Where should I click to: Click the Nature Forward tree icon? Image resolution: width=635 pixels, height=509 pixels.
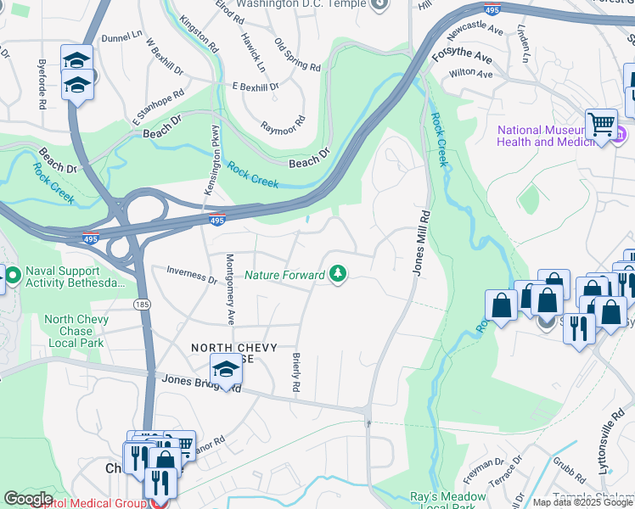coord(339,274)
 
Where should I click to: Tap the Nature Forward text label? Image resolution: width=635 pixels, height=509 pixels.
coord(284,275)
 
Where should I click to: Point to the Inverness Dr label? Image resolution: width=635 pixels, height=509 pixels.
coord(191,275)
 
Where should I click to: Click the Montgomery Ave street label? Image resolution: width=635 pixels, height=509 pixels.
coord(229,289)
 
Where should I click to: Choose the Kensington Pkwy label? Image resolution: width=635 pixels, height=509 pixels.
coord(205,161)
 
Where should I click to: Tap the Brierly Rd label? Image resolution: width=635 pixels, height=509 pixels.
coord(295,372)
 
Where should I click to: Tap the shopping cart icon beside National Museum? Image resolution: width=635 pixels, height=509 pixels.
coord(601,124)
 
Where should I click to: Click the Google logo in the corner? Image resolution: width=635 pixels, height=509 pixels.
coord(28,499)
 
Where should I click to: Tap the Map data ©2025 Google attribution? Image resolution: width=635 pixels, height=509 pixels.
coord(582,502)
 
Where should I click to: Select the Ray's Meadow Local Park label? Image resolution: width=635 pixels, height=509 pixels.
coord(435,501)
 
